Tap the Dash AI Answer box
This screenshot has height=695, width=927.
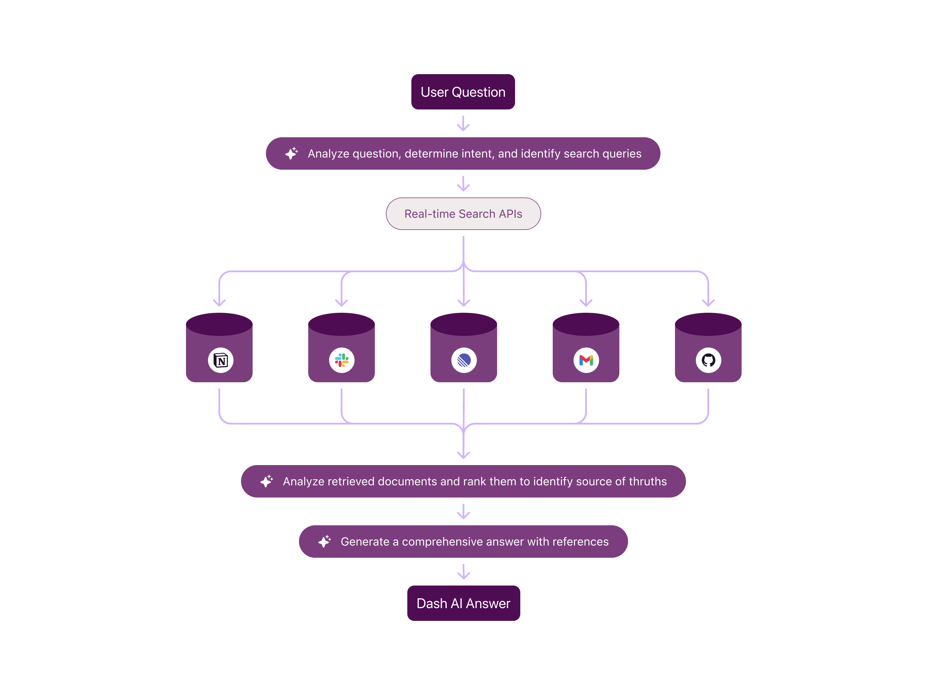pos(463,603)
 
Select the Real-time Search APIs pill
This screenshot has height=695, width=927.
pos(463,214)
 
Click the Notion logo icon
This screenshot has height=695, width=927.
pos(220,360)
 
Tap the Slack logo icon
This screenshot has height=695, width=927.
pos(342,360)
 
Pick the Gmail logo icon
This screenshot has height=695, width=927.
pos(586,360)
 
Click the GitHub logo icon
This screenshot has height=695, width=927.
pos(708,360)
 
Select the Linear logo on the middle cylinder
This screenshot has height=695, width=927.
pos(464,360)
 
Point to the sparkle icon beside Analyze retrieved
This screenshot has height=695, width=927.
pos(267,481)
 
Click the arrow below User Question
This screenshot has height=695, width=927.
pos(463,124)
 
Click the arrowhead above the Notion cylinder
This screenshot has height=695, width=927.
pos(219,302)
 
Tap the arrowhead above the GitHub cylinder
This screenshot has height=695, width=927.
pos(708,302)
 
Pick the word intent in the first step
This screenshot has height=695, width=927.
pos(477,154)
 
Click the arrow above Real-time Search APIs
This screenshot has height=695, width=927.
pos(463,184)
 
